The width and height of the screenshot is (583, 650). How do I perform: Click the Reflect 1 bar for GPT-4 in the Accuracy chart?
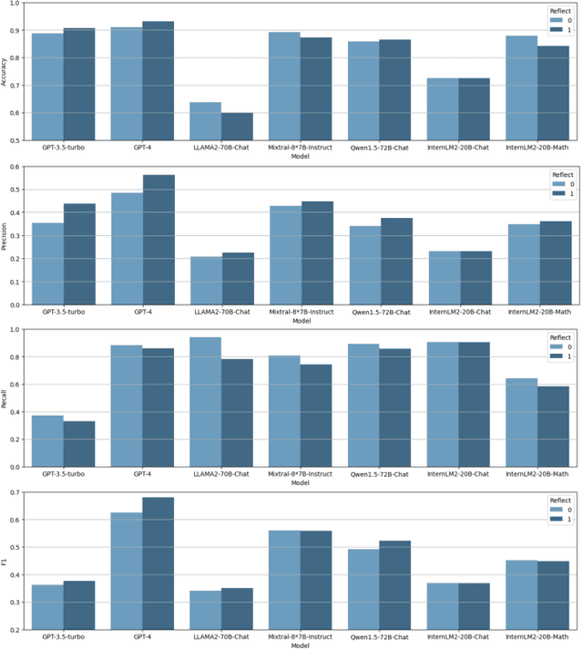158,81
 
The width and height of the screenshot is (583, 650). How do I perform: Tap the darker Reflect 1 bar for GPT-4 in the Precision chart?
158,240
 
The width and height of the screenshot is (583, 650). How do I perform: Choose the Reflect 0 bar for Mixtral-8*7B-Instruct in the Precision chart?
284,255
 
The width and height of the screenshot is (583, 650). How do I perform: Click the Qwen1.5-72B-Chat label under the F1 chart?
379,637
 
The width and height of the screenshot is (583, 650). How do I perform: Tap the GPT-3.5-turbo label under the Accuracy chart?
63,148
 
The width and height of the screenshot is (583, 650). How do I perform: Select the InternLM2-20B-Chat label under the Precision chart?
458,312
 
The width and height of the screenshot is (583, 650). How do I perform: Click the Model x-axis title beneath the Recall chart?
300,483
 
